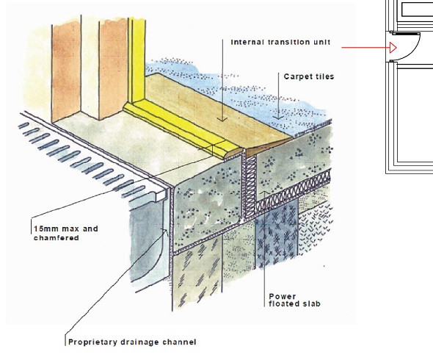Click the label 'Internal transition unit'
280,43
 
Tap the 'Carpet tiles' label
309,76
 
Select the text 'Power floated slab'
294,300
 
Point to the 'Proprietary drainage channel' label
132,342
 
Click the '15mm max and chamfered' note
66,233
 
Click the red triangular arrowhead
393,48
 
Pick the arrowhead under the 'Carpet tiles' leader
278,118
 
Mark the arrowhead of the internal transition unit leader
222,119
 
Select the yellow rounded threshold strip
182,130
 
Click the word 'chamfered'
57,238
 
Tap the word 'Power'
283,296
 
